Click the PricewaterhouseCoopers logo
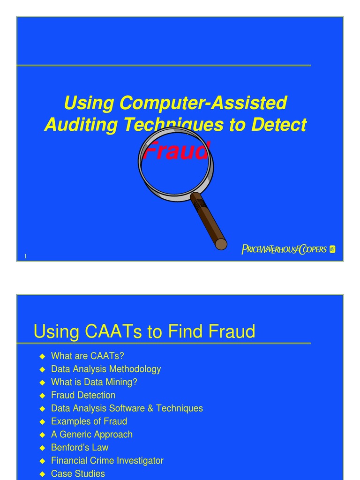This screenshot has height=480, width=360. (288, 249)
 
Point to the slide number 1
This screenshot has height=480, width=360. (25, 256)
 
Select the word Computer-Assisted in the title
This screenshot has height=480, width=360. (202, 103)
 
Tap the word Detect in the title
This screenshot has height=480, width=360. (279, 125)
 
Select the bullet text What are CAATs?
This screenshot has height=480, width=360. (88, 356)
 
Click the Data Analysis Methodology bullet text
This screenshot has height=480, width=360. (106, 369)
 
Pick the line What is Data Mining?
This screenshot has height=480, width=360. (94, 382)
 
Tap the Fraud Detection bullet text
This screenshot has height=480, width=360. (83, 395)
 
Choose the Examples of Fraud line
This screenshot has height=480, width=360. (89, 421)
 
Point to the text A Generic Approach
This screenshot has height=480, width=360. (92, 435)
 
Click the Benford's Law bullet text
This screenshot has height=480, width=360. (80, 448)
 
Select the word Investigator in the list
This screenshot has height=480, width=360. (140, 461)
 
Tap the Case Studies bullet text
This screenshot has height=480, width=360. (78, 474)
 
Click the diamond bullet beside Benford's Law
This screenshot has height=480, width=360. (42, 448)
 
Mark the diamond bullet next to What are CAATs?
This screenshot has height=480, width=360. (42, 356)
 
